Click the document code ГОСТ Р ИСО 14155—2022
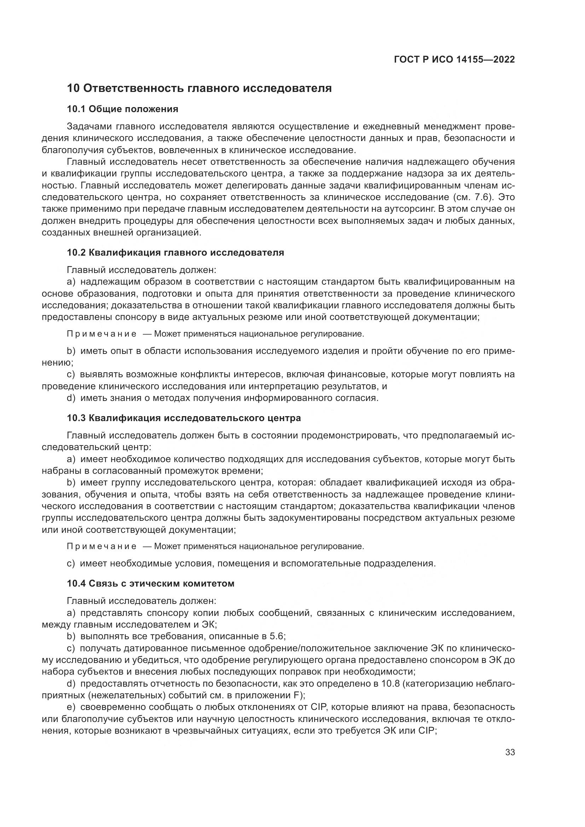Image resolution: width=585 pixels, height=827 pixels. [454, 60]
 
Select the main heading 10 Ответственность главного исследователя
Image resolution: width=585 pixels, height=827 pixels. [199, 88]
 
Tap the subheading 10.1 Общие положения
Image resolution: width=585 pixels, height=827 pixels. [122, 109]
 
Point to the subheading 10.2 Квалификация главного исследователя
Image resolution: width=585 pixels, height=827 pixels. [175, 252]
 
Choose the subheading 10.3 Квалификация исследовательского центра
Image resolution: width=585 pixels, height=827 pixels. [184, 418]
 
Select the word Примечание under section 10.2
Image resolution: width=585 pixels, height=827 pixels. [102, 334]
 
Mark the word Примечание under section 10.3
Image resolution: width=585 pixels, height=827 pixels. [102, 546]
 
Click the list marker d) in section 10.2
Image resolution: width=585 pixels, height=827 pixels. [71, 398]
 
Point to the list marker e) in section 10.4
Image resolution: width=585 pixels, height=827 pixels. [71, 707]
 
